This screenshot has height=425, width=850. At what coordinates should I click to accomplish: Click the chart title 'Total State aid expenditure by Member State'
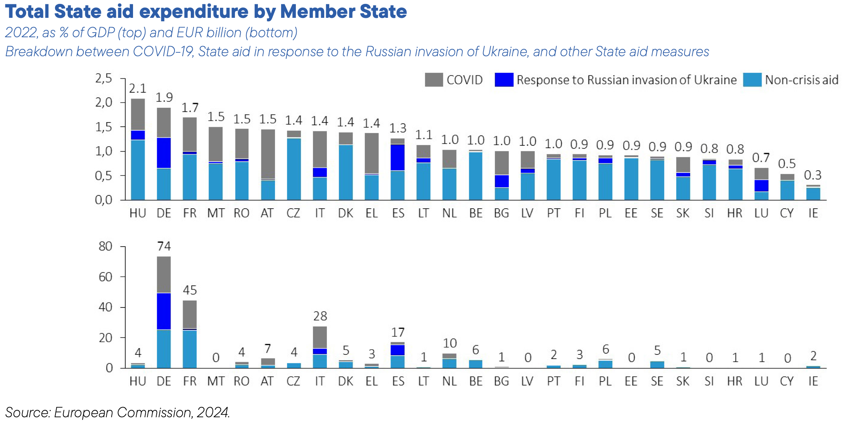click(x=206, y=12)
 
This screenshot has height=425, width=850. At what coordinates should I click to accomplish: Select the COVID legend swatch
click(x=434, y=80)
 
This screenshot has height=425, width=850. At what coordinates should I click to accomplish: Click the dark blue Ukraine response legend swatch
click(x=504, y=80)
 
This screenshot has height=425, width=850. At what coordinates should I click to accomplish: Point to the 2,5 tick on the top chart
click(x=104, y=78)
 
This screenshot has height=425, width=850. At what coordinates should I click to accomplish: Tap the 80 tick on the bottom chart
click(x=105, y=246)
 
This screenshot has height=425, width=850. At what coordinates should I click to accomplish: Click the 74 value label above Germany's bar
click(x=164, y=246)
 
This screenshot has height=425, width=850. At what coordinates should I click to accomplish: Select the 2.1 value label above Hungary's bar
click(x=138, y=89)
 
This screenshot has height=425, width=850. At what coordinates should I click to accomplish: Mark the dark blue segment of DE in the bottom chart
click(x=164, y=311)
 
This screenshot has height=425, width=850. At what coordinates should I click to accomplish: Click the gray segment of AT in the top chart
click(x=268, y=154)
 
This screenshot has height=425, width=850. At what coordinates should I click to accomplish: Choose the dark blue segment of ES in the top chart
click(x=398, y=157)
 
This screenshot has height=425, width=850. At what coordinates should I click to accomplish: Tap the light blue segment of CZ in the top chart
click(x=294, y=169)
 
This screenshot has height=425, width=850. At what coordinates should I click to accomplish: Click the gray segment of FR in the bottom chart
click(x=190, y=314)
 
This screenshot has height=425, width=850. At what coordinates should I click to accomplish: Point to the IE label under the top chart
click(x=813, y=213)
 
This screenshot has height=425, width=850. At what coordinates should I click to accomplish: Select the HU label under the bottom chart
click(x=138, y=381)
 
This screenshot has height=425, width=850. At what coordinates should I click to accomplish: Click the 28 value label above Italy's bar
click(x=320, y=316)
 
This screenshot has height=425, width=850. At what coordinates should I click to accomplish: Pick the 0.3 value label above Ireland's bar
click(x=813, y=175)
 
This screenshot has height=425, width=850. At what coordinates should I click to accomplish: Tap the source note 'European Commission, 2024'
click(x=142, y=413)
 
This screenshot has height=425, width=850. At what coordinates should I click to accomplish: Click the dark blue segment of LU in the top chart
click(x=761, y=186)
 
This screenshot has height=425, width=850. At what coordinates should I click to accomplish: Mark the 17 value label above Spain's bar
click(x=398, y=333)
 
